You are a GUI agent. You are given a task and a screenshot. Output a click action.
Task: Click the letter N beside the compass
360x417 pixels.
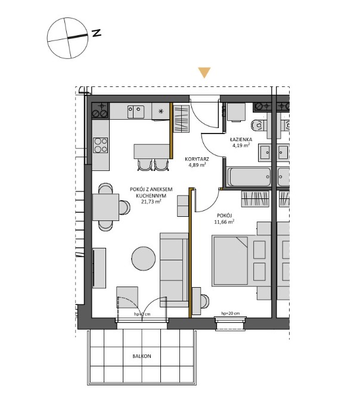(x=96, y=33)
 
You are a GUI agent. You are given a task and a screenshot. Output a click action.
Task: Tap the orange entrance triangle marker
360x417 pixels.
(x=204, y=73)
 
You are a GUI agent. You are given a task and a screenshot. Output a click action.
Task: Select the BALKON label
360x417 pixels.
(x=142, y=356)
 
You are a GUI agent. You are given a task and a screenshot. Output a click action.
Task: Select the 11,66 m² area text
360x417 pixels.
(x=224, y=221)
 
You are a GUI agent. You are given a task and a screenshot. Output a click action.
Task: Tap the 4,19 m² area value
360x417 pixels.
(x=242, y=145)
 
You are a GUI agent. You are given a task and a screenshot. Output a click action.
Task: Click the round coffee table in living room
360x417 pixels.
(x=144, y=259)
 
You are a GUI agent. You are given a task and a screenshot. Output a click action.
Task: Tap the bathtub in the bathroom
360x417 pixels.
(x=249, y=178)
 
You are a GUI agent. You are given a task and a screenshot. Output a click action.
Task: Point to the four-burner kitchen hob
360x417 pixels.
(x=101, y=145)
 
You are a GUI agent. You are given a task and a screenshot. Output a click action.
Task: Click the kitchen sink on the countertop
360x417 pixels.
(x=136, y=110)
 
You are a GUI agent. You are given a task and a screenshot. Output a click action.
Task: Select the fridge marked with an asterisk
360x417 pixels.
(x=160, y=111)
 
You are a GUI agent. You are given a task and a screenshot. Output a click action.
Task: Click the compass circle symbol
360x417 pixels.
(x=67, y=38)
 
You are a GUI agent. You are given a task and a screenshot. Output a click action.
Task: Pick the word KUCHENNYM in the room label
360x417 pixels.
(x=150, y=195)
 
